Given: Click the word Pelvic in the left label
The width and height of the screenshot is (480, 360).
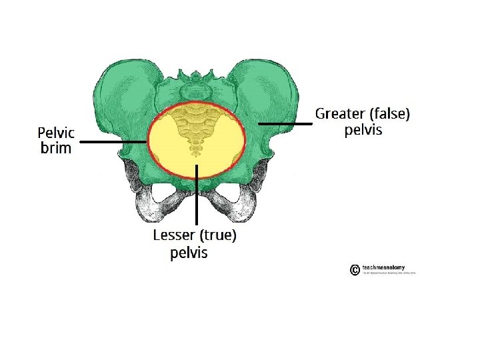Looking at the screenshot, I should click(x=56, y=132).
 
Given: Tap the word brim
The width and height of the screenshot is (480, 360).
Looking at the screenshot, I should click(x=56, y=148).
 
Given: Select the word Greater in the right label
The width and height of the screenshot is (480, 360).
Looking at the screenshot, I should click(x=339, y=114).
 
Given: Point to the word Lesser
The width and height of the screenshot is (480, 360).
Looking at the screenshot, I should click(x=175, y=235).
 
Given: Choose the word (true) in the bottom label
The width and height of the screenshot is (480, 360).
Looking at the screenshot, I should click(x=219, y=235).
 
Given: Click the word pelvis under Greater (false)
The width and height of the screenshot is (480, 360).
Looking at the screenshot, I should click(x=363, y=130).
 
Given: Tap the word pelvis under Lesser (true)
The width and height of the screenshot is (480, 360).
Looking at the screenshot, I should click(x=189, y=253).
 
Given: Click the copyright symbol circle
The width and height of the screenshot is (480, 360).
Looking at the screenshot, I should click(x=355, y=270).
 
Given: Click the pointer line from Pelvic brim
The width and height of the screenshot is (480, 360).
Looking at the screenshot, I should click(x=113, y=142).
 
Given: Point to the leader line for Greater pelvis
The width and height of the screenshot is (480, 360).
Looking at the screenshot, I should click(x=285, y=123).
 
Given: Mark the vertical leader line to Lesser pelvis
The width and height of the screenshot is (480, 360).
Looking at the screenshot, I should click(x=197, y=193).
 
